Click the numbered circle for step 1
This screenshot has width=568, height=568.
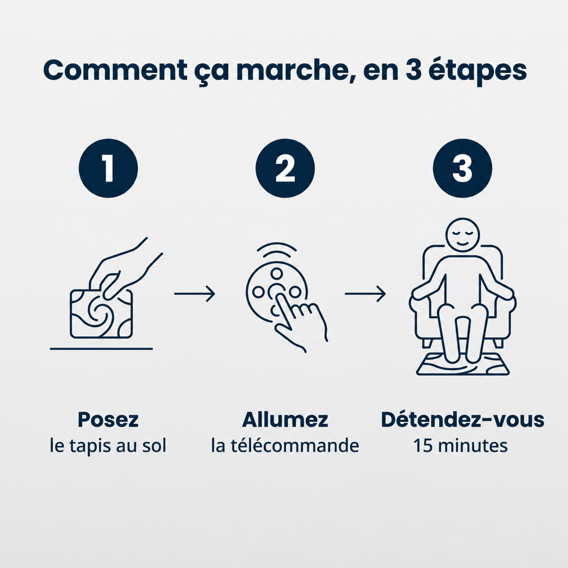click(108, 169)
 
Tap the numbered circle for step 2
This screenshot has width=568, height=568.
click(285, 169)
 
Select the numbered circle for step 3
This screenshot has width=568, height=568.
click(462, 169)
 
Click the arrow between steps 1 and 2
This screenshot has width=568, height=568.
click(195, 293)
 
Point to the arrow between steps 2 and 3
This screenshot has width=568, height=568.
click(365, 293)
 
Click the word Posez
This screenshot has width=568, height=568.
click(108, 420)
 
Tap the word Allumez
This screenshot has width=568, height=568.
click(285, 420)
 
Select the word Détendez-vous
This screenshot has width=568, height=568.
click(462, 420)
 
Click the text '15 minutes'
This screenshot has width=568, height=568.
click(461, 446)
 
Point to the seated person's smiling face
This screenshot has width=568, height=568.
click(462, 236)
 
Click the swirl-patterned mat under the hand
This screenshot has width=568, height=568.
click(101, 314)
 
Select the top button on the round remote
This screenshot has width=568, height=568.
click(276, 274)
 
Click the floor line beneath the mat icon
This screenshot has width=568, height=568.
click(101, 349)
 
